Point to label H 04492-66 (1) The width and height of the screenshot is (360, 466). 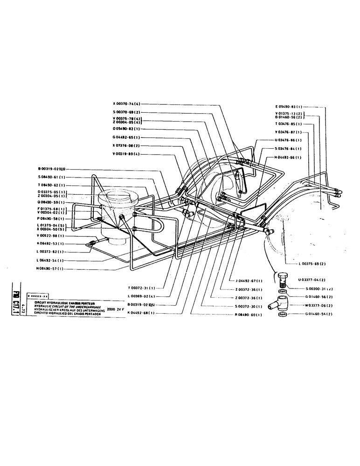pos(288,157)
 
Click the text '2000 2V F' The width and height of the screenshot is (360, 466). pos(117,308)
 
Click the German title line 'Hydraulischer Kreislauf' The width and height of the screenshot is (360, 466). pos(67,309)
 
